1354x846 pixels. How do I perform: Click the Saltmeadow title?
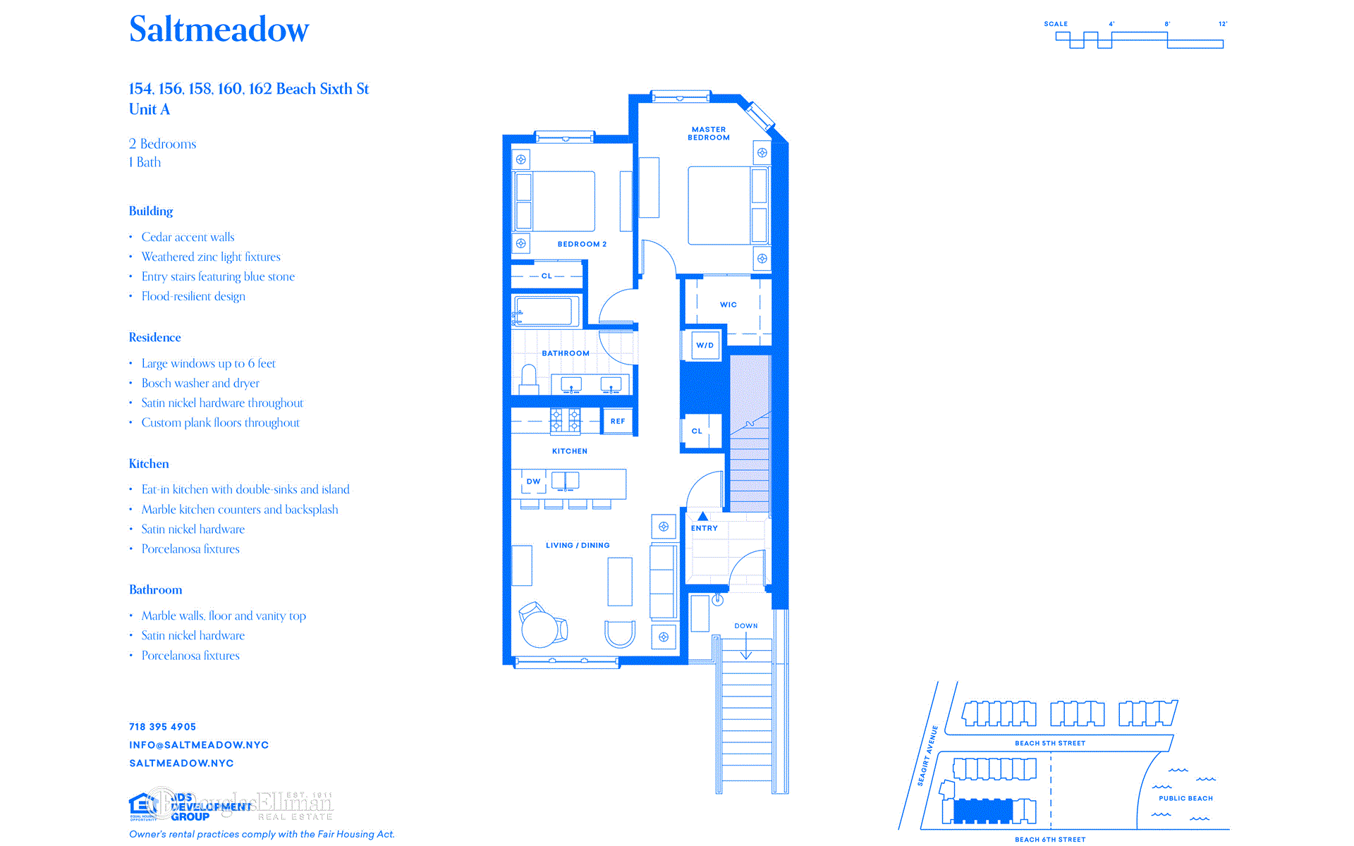click(219, 30)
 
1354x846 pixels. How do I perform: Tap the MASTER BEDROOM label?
click(709, 133)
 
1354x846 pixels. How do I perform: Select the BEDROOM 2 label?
click(582, 244)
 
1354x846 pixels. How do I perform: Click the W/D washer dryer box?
click(705, 345)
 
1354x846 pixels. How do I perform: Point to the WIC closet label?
click(728, 305)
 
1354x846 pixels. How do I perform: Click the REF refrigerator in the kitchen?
click(618, 421)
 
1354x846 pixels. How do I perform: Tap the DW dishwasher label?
click(533, 482)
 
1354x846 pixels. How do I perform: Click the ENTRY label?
click(705, 528)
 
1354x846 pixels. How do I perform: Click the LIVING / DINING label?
click(578, 545)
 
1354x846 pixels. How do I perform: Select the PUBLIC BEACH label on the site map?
click(1185, 798)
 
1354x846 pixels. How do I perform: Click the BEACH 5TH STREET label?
click(1050, 743)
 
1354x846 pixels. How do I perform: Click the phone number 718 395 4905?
click(163, 727)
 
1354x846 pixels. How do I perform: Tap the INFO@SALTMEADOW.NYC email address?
click(199, 745)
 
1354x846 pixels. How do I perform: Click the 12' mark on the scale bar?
click(1223, 25)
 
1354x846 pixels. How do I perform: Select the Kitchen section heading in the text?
click(149, 464)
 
